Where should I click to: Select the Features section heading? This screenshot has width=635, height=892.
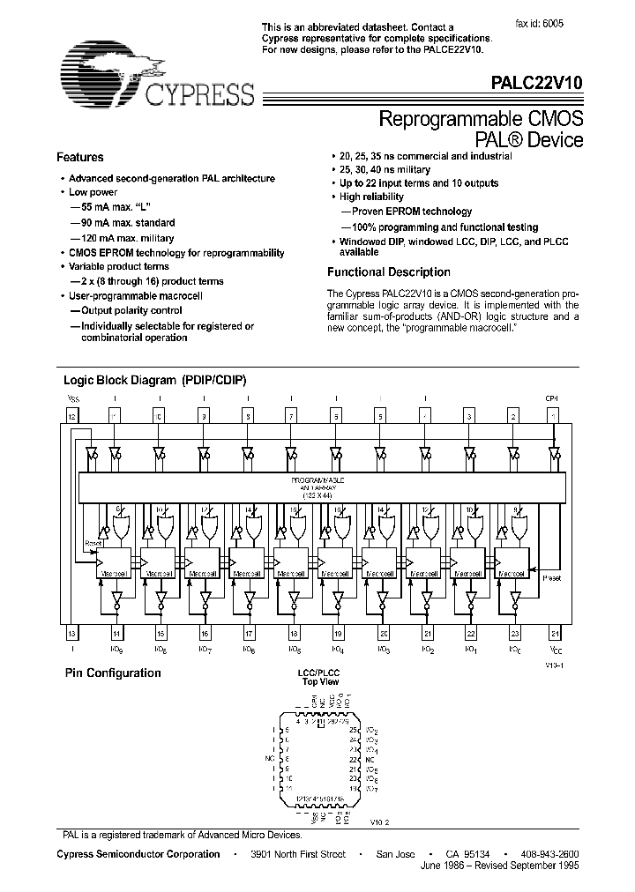(80, 158)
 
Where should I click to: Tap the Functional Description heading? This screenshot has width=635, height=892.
(388, 272)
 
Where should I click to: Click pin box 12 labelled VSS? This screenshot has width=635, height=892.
(71, 414)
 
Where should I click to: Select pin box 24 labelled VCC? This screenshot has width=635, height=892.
(555, 633)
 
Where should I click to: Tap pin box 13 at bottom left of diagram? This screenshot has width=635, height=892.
(71, 633)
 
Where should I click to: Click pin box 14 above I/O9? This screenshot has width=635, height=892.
(116, 633)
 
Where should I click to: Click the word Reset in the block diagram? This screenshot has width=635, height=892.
(93, 544)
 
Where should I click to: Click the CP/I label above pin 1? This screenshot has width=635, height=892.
(553, 398)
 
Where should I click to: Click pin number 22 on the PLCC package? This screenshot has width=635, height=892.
(354, 757)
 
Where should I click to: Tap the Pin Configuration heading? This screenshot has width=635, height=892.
(112, 673)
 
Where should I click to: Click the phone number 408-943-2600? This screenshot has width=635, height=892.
(549, 854)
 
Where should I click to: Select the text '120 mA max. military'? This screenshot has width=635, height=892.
(126, 238)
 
